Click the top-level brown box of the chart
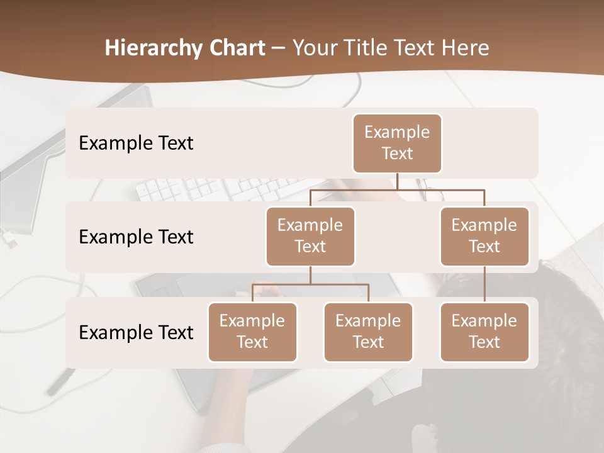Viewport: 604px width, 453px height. tap(397, 143)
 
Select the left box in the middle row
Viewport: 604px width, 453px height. tap(310, 236)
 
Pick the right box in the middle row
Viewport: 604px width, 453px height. tap(484, 236)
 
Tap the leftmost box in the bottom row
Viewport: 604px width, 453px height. tap(252, 332)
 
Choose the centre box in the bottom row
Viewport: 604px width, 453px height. tap(368, 332)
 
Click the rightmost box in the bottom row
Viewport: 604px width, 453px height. tap(484, 332)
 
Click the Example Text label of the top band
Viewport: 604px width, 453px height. tap(136, 143)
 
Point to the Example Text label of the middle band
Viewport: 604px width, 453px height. tap(136, 237)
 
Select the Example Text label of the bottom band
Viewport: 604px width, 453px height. tap(136, 332)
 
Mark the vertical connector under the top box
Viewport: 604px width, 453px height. tap(397, 181)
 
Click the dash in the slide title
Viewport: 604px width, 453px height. tap(279, 48)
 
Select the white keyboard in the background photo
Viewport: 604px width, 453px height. tap(208, 187)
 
